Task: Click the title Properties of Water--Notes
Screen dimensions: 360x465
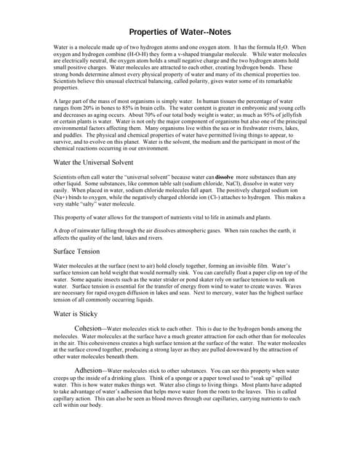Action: (180, 31)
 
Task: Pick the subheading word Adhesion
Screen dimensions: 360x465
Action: (91, 370)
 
